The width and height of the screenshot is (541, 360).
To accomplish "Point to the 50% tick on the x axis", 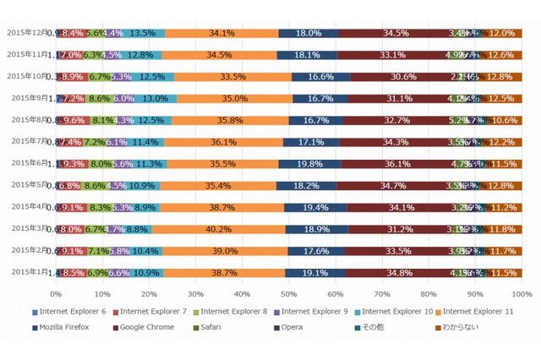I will [289, 294].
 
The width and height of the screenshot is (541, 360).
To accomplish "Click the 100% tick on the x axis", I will [521, 294].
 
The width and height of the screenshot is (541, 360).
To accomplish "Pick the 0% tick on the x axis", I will [56, 294].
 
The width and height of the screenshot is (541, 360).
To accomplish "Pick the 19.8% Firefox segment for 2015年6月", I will [309, 164].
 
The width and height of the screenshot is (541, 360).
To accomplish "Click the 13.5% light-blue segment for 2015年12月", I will [141, 33].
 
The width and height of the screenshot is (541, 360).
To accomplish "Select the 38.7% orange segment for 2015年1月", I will [224, 273].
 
